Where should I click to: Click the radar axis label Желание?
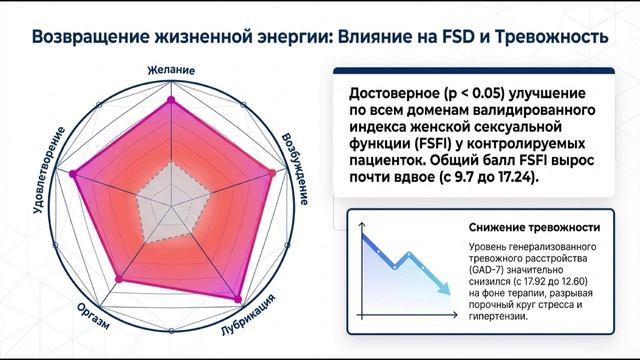pyautogui.click(x=171, y=71)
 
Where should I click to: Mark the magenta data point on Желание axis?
pyautogui.click(x=171, y=100)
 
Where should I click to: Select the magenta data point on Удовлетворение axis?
pyautogui.click(x=72, y=175)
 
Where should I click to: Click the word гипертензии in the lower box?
pyautogui.click(x=496, y=317)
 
